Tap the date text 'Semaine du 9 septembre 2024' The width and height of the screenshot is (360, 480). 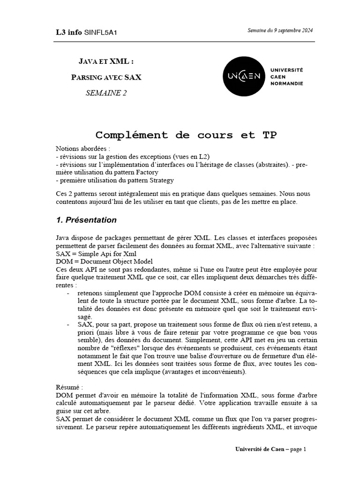coord(280,30)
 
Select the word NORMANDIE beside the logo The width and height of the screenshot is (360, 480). coord(287,83)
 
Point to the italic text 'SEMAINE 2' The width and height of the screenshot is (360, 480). coord(106,93)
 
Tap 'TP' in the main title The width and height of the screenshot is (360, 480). coord(266,135)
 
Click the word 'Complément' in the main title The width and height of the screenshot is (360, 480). coord(132,135)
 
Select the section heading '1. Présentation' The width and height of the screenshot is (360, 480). coord(86,220)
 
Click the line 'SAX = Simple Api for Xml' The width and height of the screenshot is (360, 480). coord(96,254)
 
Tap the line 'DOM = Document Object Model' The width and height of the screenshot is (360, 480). coord(104,261)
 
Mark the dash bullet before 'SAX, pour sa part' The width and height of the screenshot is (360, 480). coord(68,324)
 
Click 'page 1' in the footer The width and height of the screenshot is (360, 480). coord(298,449)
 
